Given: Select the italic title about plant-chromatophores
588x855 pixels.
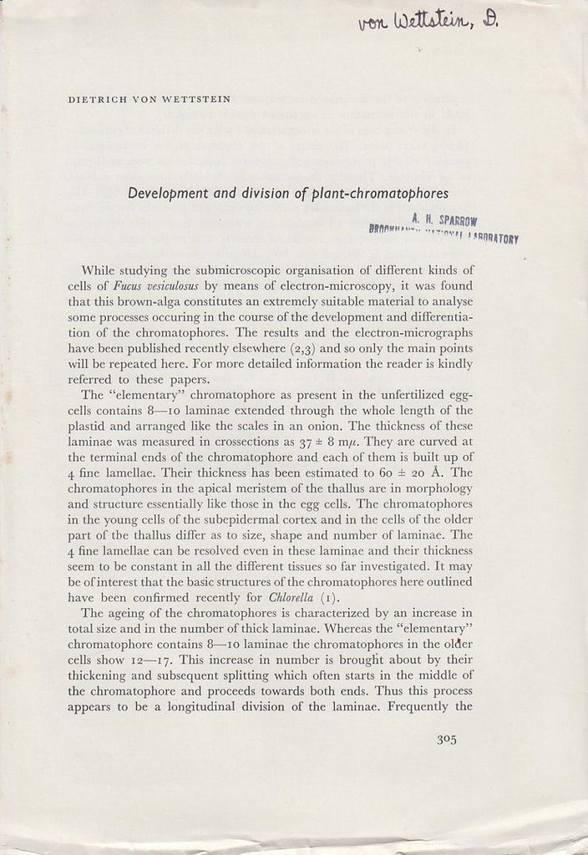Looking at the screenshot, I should point(288,192).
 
